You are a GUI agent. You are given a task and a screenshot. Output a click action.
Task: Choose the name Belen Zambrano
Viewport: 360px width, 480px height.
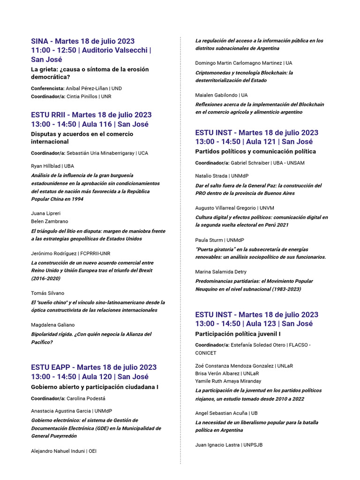pos(49,221)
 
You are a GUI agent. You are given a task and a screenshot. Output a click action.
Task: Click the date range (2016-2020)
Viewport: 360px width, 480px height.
pos(46,278)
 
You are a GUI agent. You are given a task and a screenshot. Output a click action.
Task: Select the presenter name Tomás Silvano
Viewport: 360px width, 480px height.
pos(48,293)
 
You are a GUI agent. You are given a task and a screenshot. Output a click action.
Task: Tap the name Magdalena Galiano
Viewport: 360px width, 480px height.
pos(52,325)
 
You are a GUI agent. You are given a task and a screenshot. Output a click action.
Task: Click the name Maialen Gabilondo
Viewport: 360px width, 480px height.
pos(216,95)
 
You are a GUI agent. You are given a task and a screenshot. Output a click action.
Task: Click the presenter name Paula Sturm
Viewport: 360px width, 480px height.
pos(209,240)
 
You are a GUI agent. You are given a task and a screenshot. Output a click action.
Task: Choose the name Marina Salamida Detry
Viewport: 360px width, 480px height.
pos(221,272)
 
